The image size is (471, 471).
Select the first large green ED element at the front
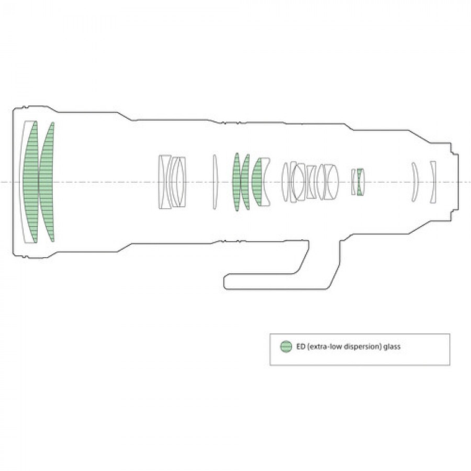point(31,182)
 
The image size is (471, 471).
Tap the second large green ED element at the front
point(47,182)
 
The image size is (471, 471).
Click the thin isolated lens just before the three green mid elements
point(214,182)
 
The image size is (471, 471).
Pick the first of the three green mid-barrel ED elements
point(236,182)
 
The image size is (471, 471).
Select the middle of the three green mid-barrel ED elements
point(245,182)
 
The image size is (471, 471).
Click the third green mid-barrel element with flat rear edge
point(257,182)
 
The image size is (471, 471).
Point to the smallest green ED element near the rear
point(361,182)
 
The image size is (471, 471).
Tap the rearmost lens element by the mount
point(433,182)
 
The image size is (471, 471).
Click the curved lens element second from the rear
point(416,182)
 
